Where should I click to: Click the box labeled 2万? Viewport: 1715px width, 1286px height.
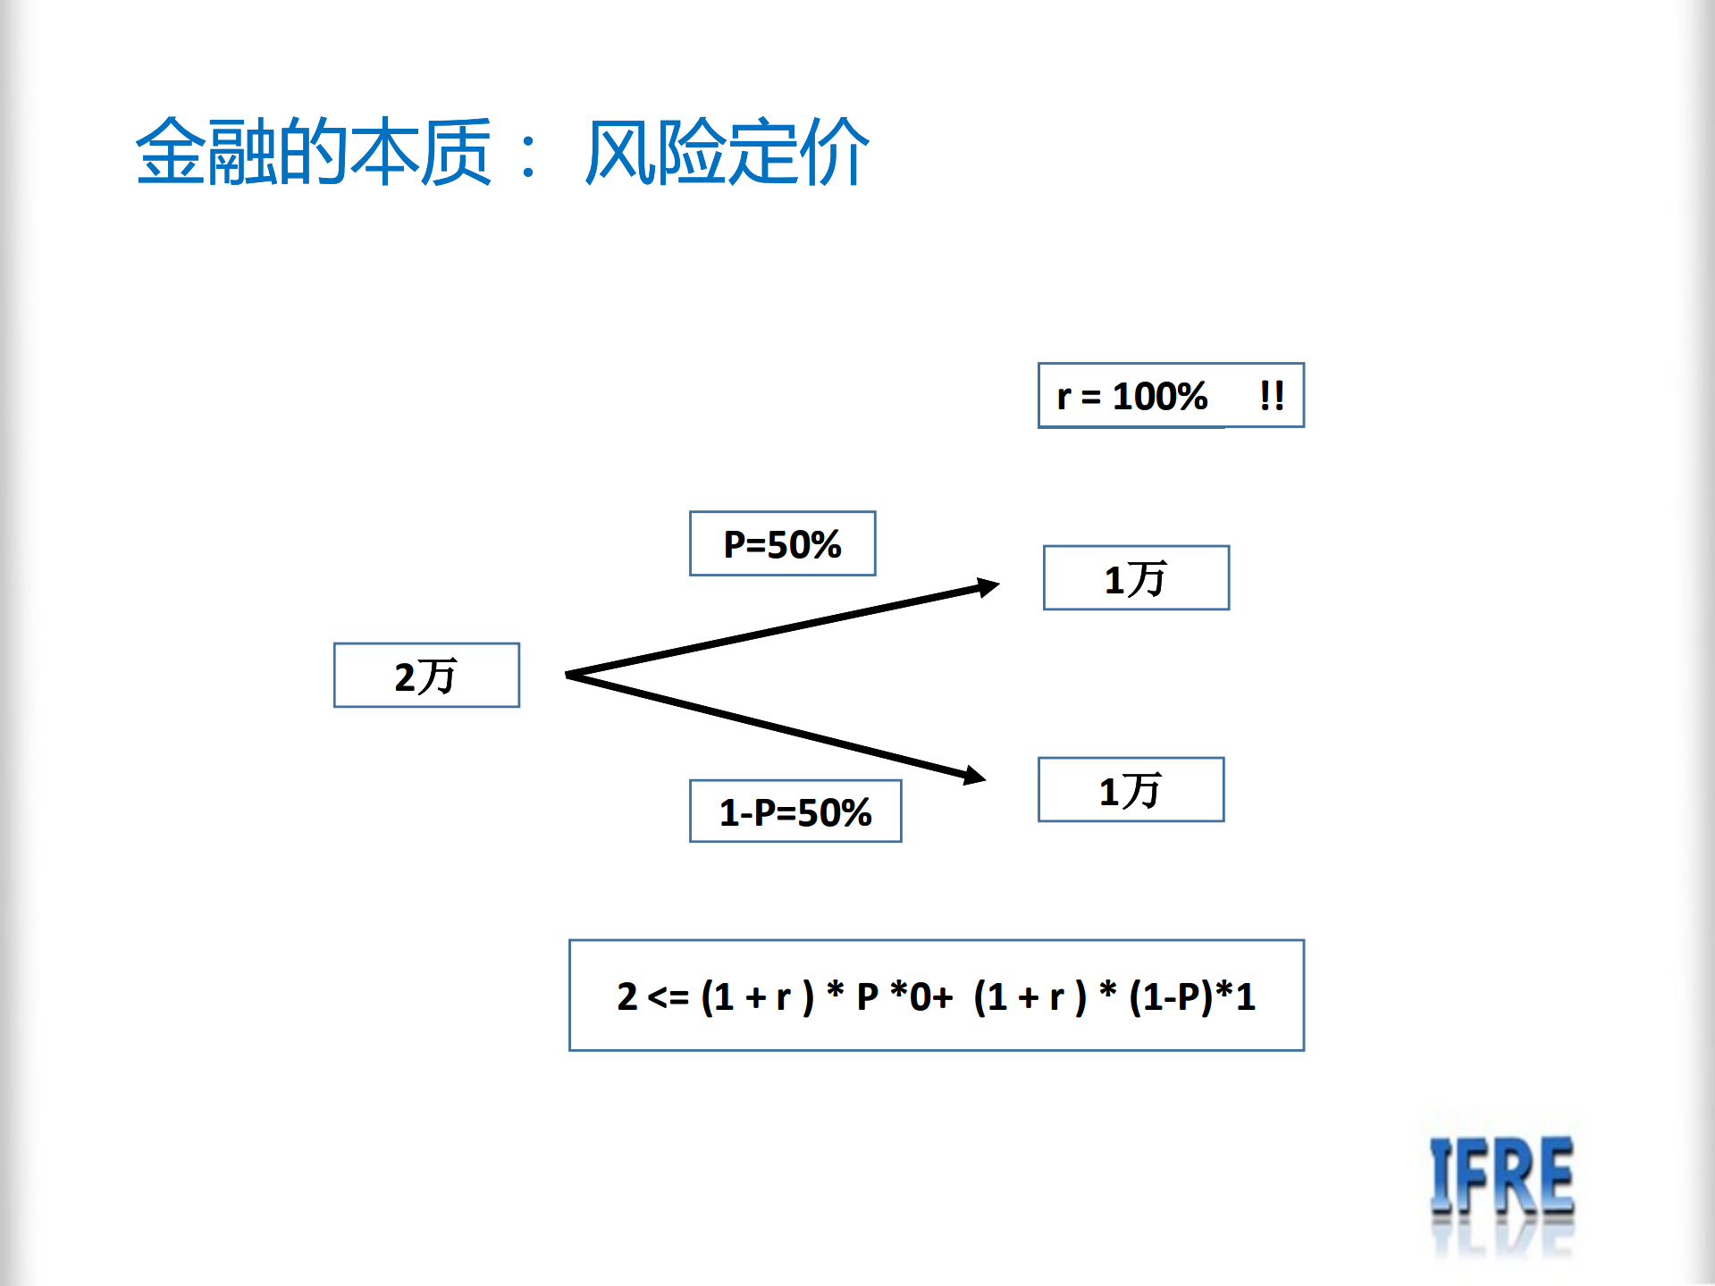426,676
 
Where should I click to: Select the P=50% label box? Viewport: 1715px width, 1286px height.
782,543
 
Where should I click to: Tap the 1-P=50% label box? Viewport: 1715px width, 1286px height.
794,811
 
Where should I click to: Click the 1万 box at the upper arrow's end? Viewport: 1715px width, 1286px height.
1136,578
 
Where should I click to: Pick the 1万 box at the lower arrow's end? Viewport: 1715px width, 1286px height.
1131,790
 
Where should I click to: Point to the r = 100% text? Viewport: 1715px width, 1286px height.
1131,396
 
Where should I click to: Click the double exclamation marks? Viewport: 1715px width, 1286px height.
1272,395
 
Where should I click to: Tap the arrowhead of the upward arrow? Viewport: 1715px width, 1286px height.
988,586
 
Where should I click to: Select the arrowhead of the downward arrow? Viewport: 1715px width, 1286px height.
975,775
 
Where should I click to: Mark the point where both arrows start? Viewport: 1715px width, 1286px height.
568,675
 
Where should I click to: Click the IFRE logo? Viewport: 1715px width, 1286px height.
1501,1180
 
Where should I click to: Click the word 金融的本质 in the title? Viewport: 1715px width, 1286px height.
313,152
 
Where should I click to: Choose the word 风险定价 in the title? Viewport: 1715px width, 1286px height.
727,152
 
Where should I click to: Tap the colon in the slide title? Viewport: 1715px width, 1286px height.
529,154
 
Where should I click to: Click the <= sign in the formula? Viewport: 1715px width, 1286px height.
668,996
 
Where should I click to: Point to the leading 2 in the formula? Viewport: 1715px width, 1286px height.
626,996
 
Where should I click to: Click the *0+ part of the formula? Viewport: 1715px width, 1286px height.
921,996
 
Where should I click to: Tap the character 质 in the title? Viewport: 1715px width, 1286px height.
456,152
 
